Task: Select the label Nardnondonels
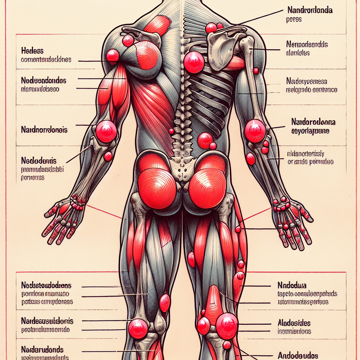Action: (44, 130)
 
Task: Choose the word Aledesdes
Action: (294, 323)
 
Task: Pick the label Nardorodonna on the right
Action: (313, 122)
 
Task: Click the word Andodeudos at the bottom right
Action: (298, 355)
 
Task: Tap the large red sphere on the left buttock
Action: (157, 188)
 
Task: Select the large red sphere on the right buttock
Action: (207, 188)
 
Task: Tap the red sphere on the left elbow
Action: (106, 131)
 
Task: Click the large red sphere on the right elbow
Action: (255, 131)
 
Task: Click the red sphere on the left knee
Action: (138, 329)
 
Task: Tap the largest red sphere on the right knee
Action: (227, 326)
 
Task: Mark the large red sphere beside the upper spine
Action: (194, 62)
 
